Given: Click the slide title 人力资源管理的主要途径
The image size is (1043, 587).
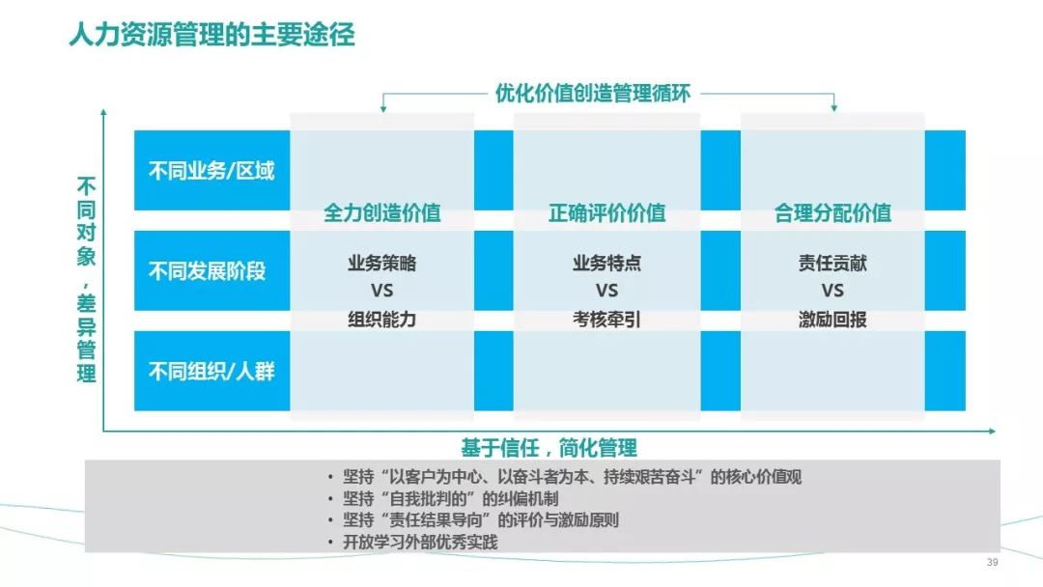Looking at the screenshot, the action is [212, 35].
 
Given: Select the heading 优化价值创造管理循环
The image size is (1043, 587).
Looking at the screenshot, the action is [593, 93].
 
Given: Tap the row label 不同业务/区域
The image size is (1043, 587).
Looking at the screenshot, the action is [211, 171].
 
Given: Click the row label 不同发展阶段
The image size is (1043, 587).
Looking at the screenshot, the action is [207, 270].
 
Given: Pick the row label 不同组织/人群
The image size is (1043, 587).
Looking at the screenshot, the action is [211, 371].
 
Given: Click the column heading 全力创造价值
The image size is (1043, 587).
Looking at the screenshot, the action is [381, 212].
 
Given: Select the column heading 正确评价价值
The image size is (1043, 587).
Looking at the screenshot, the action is [606, 212].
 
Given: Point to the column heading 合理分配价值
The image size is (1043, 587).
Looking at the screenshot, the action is [832, 212].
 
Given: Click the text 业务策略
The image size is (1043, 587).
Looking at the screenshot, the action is [381, 264].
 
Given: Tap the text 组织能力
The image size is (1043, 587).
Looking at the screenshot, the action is [381, 320].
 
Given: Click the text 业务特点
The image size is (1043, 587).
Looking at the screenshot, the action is [606, 264].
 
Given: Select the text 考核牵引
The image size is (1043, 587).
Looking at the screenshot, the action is [606, 320].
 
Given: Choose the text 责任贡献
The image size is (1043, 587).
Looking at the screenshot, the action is [832, 264].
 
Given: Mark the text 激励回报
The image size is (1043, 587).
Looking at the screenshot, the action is [832, 320].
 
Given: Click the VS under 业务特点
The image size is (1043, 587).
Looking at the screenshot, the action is [606, 291].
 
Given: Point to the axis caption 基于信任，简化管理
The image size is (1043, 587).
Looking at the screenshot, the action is [549, 447].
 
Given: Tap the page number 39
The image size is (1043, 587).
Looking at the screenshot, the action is [993, 563].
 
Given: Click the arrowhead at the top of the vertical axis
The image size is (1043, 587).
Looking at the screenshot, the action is [103, 112].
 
